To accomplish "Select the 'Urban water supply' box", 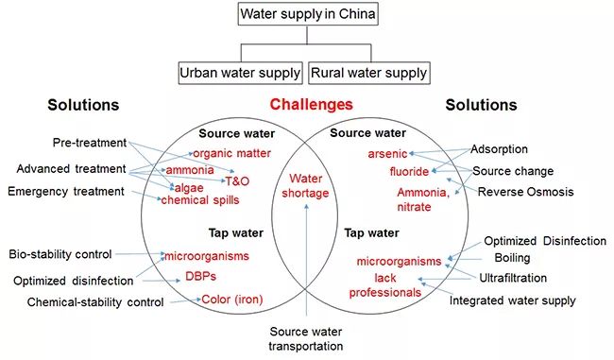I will pyautogui.click(x=240, y=72).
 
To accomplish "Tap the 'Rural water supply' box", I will pyautogui.click(x=368, y=72).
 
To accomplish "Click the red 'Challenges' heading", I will pyautogui.click(x=311, y=105).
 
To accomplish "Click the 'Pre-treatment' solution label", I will pyautogui.click(x=89, y=143).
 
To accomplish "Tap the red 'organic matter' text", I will pyautogui.click(x=231, y=153).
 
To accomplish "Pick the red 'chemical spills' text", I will pyautogui.click(x=198, y=200).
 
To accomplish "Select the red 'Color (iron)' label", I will pyautogui.click(x=232, y=300).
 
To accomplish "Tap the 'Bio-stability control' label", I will pyautogui.click(x=60, y=254).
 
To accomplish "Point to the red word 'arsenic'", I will pyautogui.click(x=387, y=153).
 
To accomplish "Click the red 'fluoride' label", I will pyautogui.click(x=409, y=171).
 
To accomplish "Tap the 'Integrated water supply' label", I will pyautogui.click(x=511, y=300).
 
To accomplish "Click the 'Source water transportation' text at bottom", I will pyautogui.click(x=307, y=338).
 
